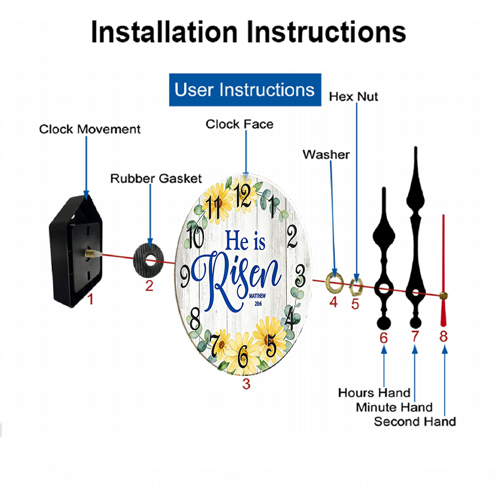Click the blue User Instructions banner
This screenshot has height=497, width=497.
(245, 89)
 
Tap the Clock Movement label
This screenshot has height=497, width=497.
(89, 129)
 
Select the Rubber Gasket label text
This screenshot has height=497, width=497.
(156, 178)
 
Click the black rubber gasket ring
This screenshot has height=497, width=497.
(149, 261)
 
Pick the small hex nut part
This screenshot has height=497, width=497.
(356, 287)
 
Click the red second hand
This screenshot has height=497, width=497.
(443, 270)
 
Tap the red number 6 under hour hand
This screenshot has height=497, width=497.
(384, 338)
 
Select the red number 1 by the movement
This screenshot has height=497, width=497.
(90, 299)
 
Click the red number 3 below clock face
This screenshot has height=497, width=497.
(247, 384)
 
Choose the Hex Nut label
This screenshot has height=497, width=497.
(353, 97)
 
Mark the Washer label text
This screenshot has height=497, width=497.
(326, 155)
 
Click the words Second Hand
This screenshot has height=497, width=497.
(415, 421)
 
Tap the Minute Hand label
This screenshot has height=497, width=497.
(394, 408)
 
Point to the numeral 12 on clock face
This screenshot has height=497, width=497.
(243, 195)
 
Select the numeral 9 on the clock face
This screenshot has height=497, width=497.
(185, 276)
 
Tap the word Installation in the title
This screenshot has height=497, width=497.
(164, 32)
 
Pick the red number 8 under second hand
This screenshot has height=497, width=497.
(443, 336)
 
